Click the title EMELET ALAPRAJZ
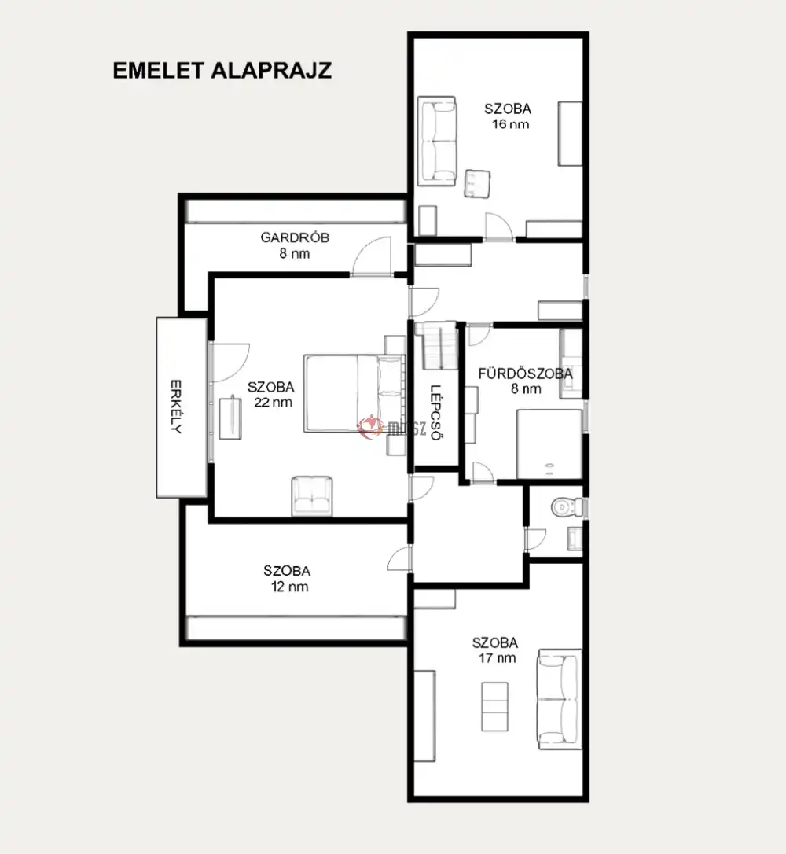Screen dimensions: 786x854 tap(222, 71)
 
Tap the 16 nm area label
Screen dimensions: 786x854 tap(510, 124)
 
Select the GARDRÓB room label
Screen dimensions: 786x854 tap(295, 237)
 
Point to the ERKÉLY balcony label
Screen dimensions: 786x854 tap(175, 407)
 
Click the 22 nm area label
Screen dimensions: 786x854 tap(273, 403)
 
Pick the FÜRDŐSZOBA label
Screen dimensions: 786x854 tap(525, 374)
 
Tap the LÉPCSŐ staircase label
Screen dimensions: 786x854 tap(435, 413)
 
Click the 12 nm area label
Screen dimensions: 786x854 tap(289, 587)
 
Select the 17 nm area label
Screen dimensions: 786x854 tap(497, 658)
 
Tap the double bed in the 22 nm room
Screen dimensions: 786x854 tap(354, 393)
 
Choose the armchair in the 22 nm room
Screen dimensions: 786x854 tap(312, 495)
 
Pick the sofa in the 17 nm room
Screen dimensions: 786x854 tap(560, 699)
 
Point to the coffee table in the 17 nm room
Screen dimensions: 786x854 tap(495, 706)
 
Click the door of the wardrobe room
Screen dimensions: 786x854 tap(372, 256)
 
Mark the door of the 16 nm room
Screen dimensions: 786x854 tap(499, 226)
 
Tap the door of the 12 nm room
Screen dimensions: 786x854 tap(399, 559)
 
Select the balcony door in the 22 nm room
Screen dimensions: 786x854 tap(229, 363)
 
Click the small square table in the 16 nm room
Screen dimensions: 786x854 tap(477, 183)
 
